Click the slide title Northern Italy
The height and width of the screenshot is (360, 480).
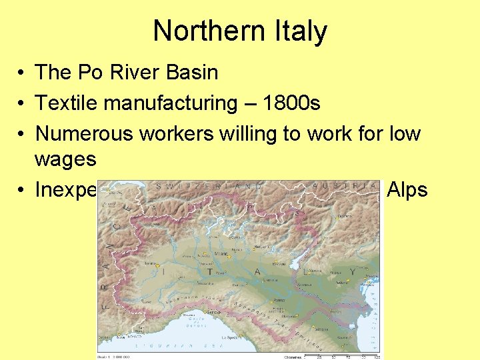240,31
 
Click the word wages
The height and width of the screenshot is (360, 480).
66,159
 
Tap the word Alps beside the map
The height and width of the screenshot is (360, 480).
407,190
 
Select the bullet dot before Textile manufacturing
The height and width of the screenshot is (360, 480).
22,104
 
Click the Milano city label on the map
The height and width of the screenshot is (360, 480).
221,253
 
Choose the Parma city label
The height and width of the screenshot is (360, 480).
276,300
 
